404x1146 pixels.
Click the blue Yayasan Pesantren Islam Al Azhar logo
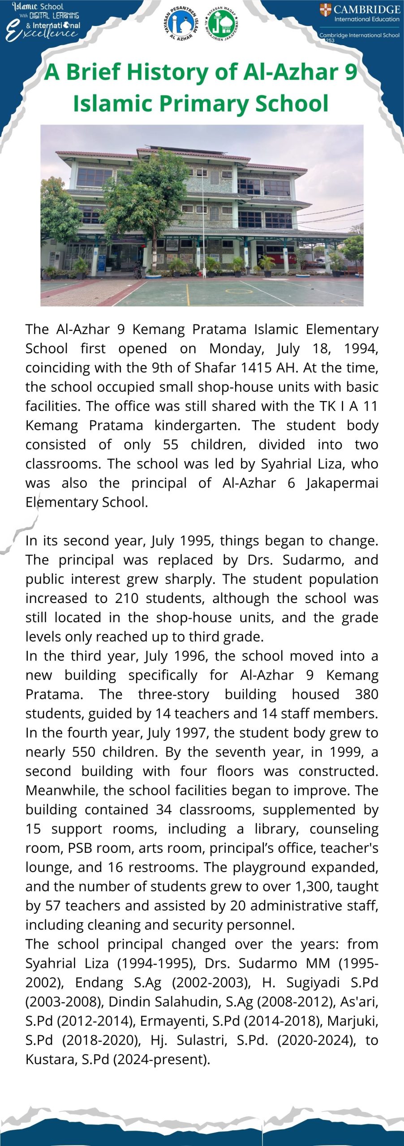184,23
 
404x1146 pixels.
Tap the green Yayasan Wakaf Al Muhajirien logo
222,23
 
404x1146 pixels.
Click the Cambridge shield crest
326,9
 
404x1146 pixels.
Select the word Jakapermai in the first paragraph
342,483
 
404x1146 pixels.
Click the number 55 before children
171,445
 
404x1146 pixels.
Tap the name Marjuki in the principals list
352,1021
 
